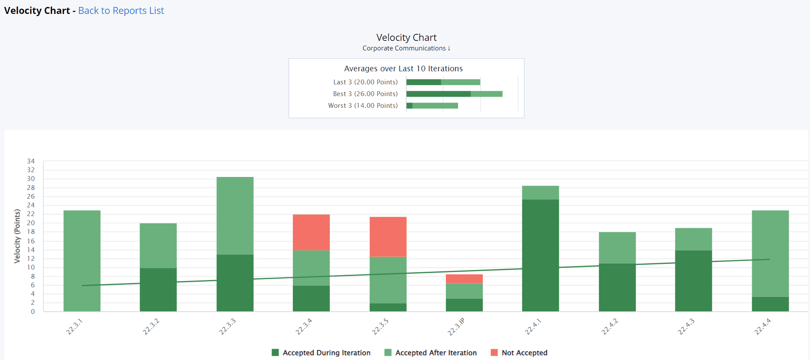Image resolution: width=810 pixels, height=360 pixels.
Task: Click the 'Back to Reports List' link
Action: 121,10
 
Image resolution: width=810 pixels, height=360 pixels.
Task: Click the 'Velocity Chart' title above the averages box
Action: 406,37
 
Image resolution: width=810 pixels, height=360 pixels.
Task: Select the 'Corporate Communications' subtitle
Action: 404,48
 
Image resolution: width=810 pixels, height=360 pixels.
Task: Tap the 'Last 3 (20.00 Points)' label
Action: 365,82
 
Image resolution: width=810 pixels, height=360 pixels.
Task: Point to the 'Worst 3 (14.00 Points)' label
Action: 362,106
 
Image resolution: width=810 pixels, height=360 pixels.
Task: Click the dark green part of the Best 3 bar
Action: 438,94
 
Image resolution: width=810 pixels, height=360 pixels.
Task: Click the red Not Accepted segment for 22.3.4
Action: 311,232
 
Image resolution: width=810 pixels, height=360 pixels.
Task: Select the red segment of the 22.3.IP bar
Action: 464,279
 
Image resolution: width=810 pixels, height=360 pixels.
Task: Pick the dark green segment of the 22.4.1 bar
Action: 540,255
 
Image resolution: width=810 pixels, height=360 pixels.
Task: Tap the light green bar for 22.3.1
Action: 82,261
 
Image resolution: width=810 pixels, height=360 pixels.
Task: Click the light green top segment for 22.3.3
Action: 235,215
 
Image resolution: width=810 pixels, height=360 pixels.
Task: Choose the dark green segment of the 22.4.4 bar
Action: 770,304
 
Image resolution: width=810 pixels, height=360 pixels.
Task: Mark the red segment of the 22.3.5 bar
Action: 388,237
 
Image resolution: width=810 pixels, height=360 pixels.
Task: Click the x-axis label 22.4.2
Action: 609,327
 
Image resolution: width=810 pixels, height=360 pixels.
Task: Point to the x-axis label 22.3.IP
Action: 456,327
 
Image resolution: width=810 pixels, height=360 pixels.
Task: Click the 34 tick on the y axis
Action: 31,161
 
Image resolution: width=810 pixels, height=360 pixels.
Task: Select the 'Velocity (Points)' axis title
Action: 17,236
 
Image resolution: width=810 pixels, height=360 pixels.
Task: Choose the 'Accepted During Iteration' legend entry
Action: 321,353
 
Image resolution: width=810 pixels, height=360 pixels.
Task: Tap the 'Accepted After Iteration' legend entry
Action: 431,353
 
